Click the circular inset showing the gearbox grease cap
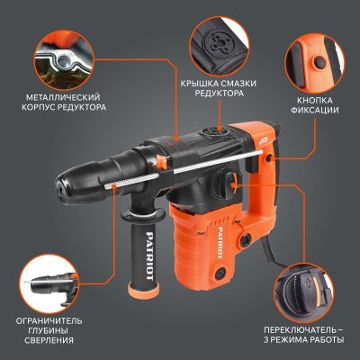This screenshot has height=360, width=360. (x=218, y=37)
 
